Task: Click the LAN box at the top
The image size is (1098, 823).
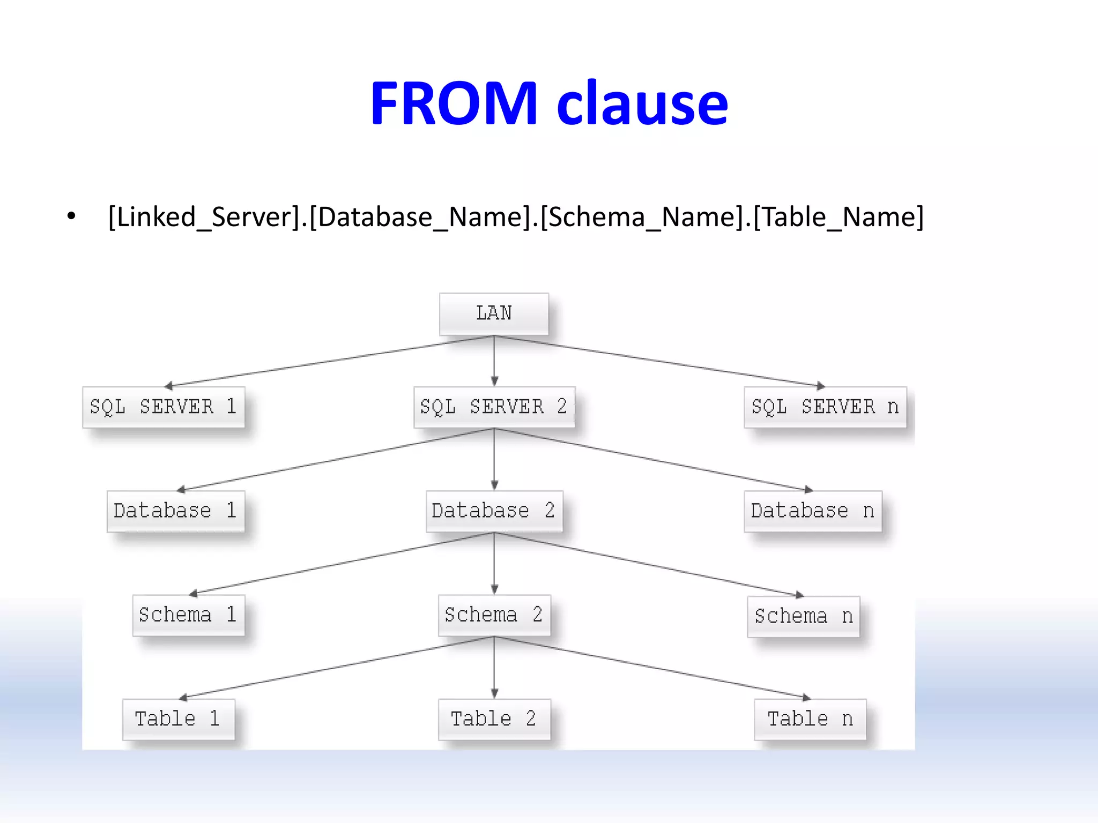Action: [x=494, y=314]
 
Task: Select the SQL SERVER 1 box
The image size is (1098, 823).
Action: [x=164, y=407]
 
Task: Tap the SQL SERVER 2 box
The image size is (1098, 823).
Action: [x=494, y=407]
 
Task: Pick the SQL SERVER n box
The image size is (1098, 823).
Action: [x=825, y=407]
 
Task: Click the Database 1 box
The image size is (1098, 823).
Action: [x=175, y=511]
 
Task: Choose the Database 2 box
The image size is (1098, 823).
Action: [x=494, y=511]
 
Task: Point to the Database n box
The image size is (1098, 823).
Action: [x=813, y=511]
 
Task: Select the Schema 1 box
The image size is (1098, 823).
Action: [x=188, y=615]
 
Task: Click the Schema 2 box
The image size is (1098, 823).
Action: [x=494, y=615]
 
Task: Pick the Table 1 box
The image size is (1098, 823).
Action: [x=179, y=719]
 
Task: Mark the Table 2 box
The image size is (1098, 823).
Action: [x=494, y=719]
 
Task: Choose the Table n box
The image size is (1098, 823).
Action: [x=810, y=719]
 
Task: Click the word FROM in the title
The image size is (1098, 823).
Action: [x=454, y=103]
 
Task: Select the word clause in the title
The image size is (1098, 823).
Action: [x=642, y=103]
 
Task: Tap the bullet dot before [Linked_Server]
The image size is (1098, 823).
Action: [x=71, y=217]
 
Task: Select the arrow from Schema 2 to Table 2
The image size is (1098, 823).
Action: [x=494, y=668]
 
